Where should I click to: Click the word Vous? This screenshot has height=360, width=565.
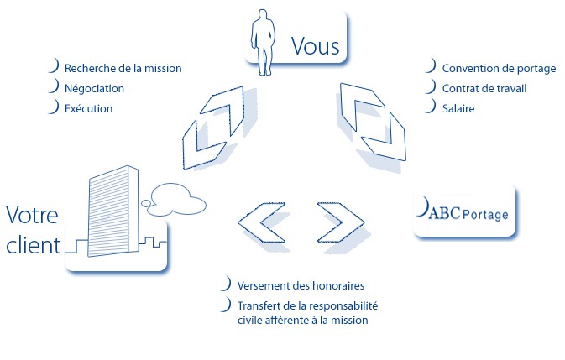click(x=316, y=46)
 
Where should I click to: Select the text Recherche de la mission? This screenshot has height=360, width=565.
click(x=123, y=69)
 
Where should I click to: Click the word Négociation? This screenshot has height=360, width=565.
click(x=94, y=89)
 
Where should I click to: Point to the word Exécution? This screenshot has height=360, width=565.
click(x=88, y=109)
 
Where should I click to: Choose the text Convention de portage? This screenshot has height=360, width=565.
click(x=499, y=69)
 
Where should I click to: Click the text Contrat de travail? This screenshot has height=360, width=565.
click(x=484, y=89)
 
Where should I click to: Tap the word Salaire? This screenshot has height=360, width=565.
click(x=458, y=109)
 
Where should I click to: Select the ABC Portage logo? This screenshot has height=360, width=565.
click(x=463, y=210)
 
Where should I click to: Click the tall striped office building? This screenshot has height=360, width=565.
click(x=112, y=211)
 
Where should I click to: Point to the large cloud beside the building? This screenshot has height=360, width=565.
click(x=178, y=200)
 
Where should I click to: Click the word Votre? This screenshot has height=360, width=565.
click(x=32, y=216)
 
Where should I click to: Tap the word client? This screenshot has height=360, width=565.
click(x=33, y=245)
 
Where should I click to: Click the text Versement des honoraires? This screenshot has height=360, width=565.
click(x=301, y=286)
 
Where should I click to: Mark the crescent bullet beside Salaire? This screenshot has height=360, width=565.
click(x=432, y=107)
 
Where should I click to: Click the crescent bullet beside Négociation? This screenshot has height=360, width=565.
click(x=54, y=86)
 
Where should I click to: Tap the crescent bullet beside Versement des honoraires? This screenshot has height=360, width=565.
click(x=227, y=284)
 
